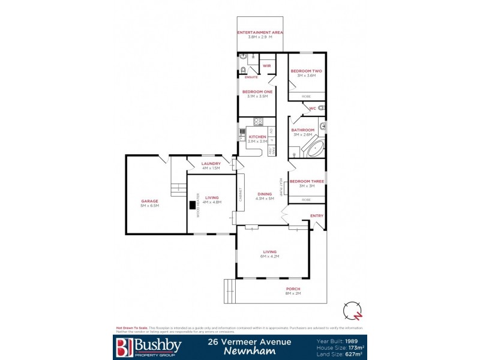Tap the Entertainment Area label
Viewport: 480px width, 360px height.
click(x=260, y=32)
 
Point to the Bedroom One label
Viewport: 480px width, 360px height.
click(x=257, y=91)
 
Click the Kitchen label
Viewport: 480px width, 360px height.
click(x=257, y=137)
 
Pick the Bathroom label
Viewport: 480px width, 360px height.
click(x=302, y=130)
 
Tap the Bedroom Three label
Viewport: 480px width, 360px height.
click(x=307, y=181)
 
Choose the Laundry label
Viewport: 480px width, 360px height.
click(x=211, y=163)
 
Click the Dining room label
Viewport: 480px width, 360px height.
click(x=265, y=194)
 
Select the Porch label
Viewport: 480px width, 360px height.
click(x=292, y=289)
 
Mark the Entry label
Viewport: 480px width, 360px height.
click(x=316, y=215)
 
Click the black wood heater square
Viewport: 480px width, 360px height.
click(x=193, y=205)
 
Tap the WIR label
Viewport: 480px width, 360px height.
click(x=266, y=65)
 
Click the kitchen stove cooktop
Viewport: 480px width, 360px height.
click(x=259, y=122)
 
